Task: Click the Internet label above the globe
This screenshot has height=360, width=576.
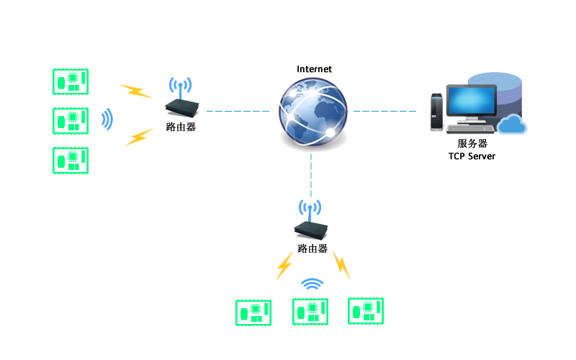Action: pos(314,69)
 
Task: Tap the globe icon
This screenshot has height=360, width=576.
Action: pos(313,112)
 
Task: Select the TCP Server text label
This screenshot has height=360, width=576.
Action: pos(472,156)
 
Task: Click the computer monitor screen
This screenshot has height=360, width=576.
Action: pos(472,101)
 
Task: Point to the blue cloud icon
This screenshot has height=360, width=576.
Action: pos(512,124)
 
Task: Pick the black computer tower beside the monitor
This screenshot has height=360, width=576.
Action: pos(436,112)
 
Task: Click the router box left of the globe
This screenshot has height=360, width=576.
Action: pos(182,107)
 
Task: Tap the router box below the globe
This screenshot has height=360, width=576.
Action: pos(311,230)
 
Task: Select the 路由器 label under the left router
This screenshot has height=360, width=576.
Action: pos(181,127)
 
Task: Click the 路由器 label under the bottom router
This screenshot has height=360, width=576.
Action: pos(312,248)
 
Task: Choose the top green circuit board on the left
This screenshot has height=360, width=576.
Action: pos(71,81)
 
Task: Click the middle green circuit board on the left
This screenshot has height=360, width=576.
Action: pos(71,121)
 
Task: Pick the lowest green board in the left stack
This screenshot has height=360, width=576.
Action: pos(71,161)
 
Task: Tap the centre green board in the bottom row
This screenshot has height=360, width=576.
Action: pos(310,312)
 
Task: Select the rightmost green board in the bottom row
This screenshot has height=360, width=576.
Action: pos(366,311)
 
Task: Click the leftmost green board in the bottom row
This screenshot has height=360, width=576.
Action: pos(253,313)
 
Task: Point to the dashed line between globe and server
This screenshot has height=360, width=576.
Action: pos(384,111)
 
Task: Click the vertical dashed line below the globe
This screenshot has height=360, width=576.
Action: pos(311,176)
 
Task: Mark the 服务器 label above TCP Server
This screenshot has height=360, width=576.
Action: pos(472,143)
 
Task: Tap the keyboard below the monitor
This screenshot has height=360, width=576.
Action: pos(471,129)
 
